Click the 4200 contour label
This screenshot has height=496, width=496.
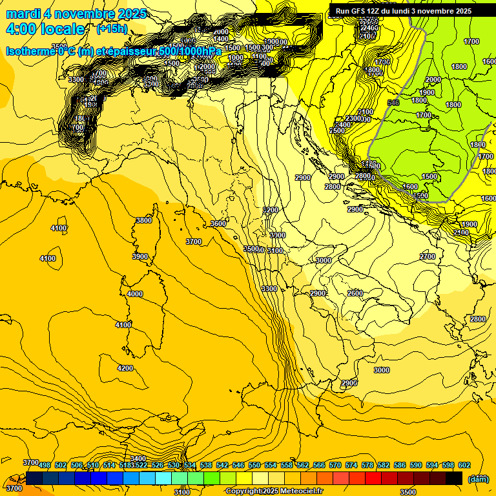(125, 368)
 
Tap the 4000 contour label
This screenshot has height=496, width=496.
(134, 294)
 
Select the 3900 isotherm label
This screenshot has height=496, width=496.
(139, 256)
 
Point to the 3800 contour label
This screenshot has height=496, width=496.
(143, 220)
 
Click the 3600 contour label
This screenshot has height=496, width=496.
(218, 223)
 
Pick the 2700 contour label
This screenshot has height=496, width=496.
(428, 256)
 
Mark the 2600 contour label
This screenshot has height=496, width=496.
(355, 293)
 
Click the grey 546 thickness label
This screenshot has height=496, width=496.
(393, 103)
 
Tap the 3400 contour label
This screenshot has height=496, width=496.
(138, 458)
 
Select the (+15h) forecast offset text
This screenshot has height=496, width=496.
(112, 29)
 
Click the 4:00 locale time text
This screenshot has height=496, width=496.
(45, 29)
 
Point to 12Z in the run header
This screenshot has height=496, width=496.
(373, 11)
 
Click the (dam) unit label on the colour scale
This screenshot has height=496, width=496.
(478, 479)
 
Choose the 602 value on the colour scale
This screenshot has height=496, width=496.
(464, 465)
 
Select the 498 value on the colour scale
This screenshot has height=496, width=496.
(45, 465)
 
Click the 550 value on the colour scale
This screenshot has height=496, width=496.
(254, 465)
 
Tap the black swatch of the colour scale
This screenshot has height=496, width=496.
(454, 478)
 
